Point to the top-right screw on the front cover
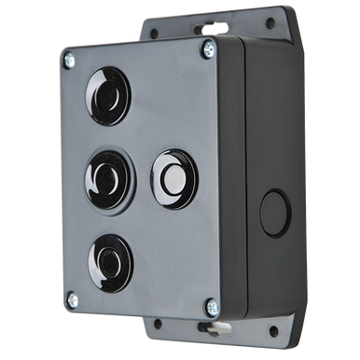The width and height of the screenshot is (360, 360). pos(206,48)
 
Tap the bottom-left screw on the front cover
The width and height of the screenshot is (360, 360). pos(73,299)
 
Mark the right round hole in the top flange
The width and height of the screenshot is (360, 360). pos(270,23)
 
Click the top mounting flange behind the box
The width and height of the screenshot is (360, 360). pos(224,26)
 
